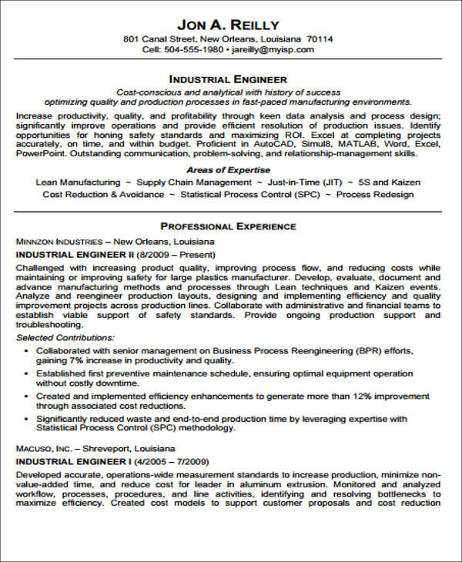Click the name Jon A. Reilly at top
[228, 24]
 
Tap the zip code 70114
[320, 38]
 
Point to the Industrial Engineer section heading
[228, 79]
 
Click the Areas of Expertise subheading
[228, 169]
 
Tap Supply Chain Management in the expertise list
[194, 182]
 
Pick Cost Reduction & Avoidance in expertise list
[103, 195]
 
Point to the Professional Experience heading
[228, 226]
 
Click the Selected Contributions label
[65, 337]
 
